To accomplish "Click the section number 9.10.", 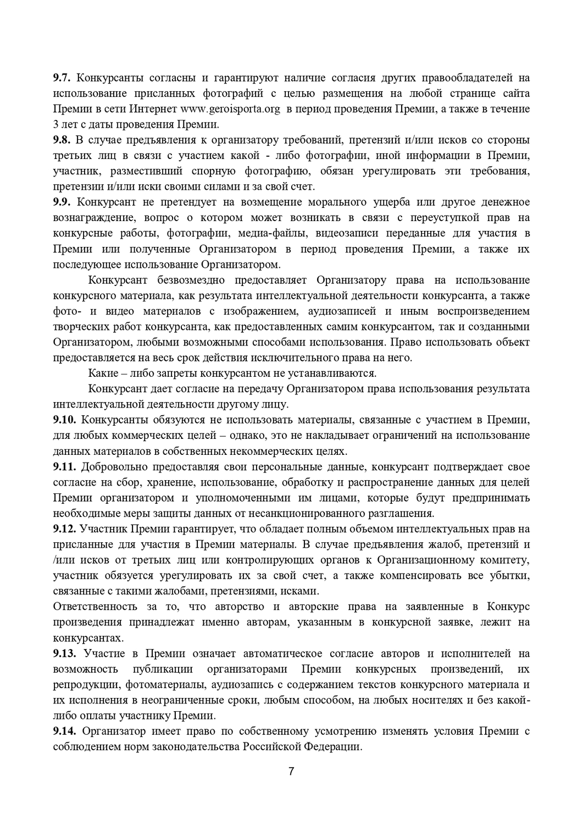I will pyautogui.click(x=64, y=420).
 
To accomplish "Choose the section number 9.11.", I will pyautogui.click(x=64, y=467).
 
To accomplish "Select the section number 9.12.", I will pyautogui.click(x=64, y=529).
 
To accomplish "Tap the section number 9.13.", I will pyautogui.click(x=64, y=653).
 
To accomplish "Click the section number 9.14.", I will pyautogui.click(x=64, y=732).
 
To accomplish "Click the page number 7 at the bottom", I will pyautogui.click(x=291, y=771).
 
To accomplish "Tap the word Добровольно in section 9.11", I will pyautogui.click(x=113, y=467).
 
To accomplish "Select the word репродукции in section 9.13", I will pyautogui.click(x=86, y=685).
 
